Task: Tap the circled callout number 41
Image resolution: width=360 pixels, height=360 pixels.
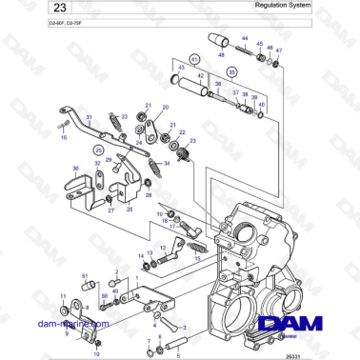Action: coord(196,58)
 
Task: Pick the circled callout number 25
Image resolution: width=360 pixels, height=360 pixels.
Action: coord(96,150)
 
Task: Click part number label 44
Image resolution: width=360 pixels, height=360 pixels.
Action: coord(244,40)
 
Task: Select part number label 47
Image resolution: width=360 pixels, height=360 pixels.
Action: coord(279,52)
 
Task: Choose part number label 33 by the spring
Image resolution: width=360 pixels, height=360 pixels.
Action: coord(123,116)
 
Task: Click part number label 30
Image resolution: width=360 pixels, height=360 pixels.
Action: coord(75,169)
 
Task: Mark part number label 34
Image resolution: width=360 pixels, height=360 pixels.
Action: coord(141,164)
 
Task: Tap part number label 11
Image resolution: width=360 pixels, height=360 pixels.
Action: coord(64,297)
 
